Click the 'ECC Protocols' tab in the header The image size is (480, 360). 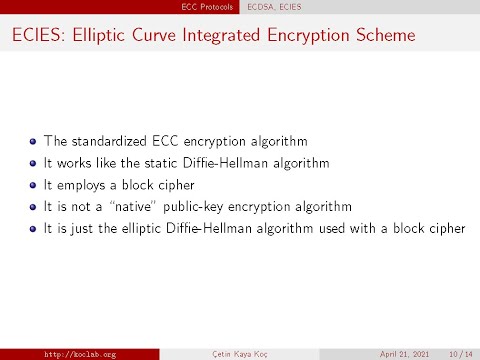[210, 6]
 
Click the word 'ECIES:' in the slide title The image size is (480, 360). [39, 38]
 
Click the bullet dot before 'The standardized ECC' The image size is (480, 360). [33, 141]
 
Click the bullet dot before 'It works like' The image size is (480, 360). [33, 163]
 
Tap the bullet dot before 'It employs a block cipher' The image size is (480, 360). [33, 185]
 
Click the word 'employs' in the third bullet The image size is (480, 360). [78, 185]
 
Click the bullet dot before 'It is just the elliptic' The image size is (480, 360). [33, 229]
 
